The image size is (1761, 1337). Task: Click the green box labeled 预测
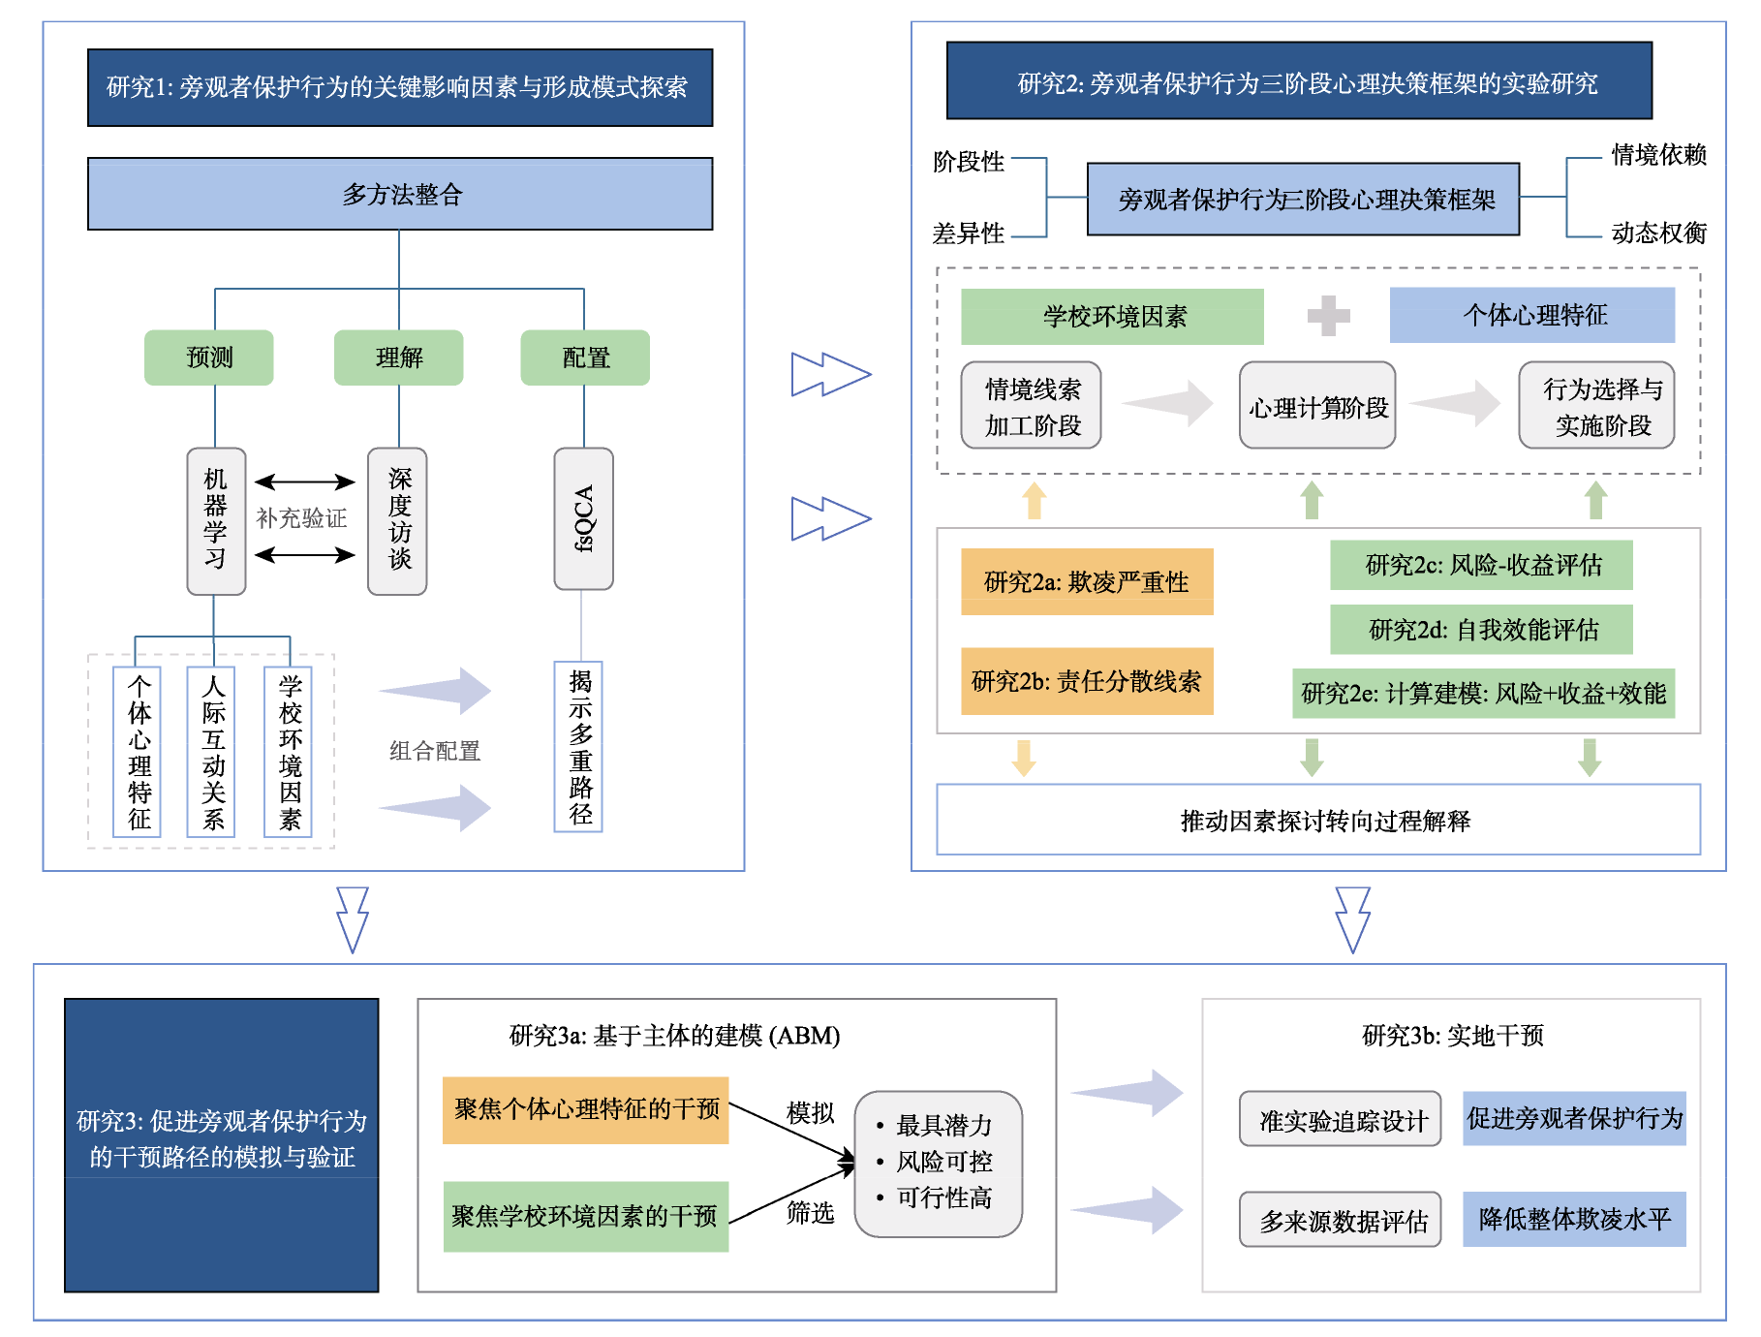click(209, 358)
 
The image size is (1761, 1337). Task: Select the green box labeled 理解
click(399, 358)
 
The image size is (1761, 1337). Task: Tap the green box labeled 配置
click(585, 358)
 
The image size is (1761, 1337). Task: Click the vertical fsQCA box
click(583, 518)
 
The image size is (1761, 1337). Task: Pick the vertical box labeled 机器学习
click(216, 520)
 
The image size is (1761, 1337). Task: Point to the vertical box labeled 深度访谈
click(397, 520)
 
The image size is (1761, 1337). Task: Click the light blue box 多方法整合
click(400, 194)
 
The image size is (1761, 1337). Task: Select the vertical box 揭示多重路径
click(579, 746)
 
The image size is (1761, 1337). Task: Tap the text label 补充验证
click(301, 518)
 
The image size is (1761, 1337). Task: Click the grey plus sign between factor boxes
click(1328, 316)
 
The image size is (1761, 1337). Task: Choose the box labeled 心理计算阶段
click(1317, 405)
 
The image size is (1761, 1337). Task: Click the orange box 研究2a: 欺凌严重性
click(1087, 581)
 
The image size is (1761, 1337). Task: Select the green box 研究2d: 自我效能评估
click(1481, 630)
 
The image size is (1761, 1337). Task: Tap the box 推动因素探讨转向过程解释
click(1318, 820)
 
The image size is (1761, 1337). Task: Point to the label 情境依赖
click(1658, 155)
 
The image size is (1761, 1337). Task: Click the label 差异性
click(968, 233)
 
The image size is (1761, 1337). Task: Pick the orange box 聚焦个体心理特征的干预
click(586, 1110)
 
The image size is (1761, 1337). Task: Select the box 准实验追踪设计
click(1341, 1119)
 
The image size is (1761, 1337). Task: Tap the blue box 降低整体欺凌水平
click(1574, 1219)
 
